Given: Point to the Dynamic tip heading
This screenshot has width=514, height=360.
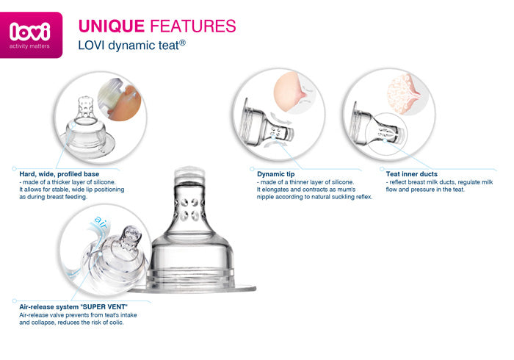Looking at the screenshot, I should (x=275, y=174).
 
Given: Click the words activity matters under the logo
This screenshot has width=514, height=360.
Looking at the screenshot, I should (x=29, y=46).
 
